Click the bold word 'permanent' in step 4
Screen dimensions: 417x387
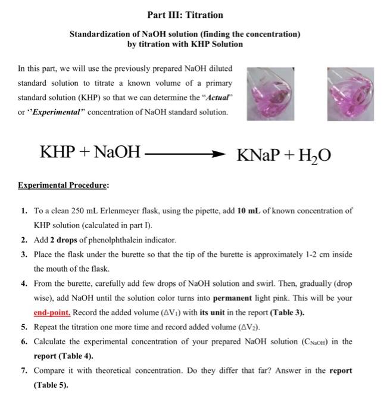(x=245, y=298)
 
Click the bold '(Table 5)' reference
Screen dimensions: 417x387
(x=51, y=385)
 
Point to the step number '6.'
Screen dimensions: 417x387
(x=23, y=341)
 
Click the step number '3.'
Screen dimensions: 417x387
(x=23, y=254)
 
